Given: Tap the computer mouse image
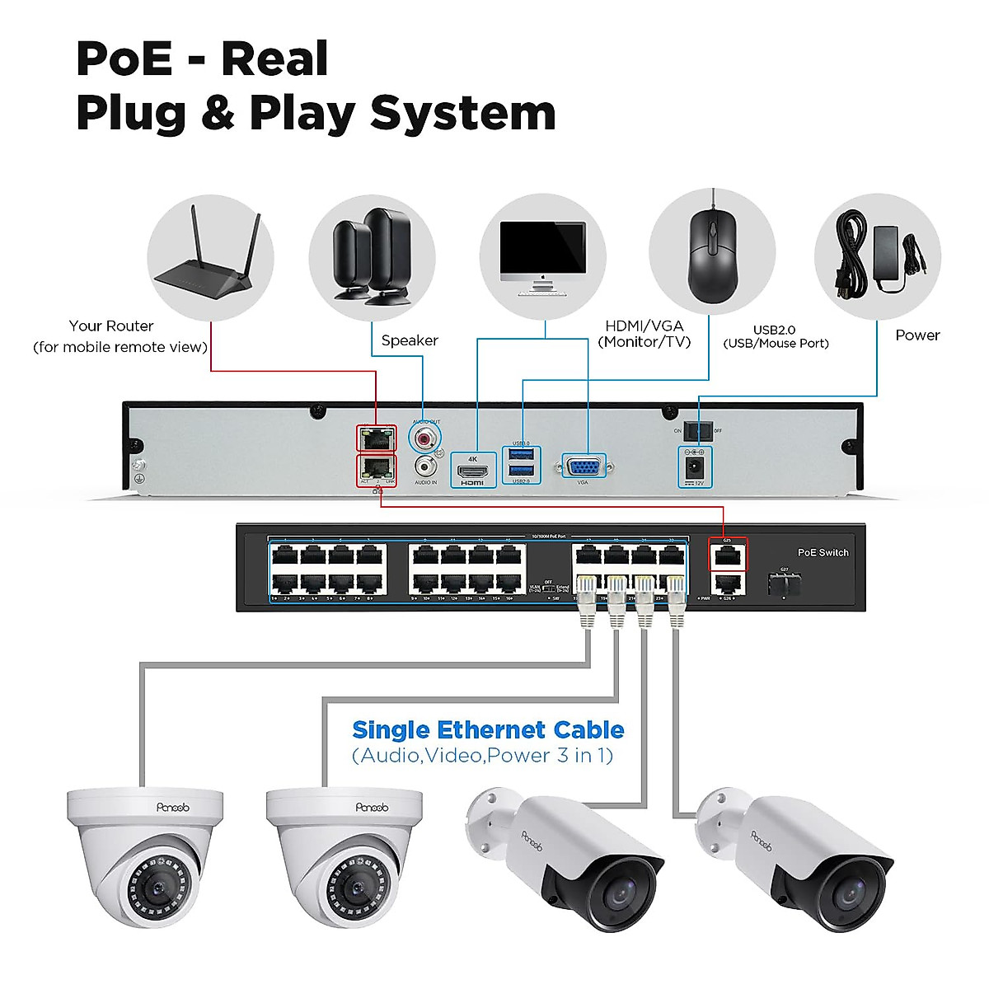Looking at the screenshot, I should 712,255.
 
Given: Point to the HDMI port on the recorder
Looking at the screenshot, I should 473,471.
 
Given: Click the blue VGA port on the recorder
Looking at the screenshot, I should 584,467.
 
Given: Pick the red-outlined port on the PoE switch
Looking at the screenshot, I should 728,555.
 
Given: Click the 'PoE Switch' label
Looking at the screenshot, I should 823,552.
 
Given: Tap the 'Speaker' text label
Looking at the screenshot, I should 410,340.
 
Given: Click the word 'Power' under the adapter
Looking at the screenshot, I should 917,335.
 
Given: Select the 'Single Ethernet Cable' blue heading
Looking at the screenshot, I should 488,730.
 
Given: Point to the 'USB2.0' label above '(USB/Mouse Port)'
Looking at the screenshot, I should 775,329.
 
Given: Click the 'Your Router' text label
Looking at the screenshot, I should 111,326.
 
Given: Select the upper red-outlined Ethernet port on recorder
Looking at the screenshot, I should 376,438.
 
